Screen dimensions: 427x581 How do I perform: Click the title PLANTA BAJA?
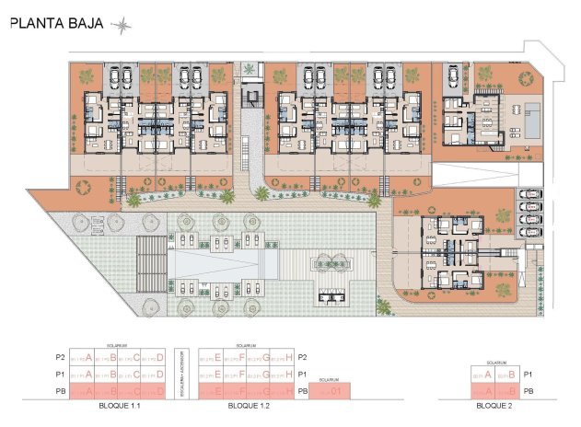click(55, 26)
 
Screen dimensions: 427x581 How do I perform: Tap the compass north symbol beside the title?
click(121, 27)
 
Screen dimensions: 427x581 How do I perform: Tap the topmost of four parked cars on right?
click(529, 194)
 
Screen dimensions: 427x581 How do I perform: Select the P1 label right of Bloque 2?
click(528, 375)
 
